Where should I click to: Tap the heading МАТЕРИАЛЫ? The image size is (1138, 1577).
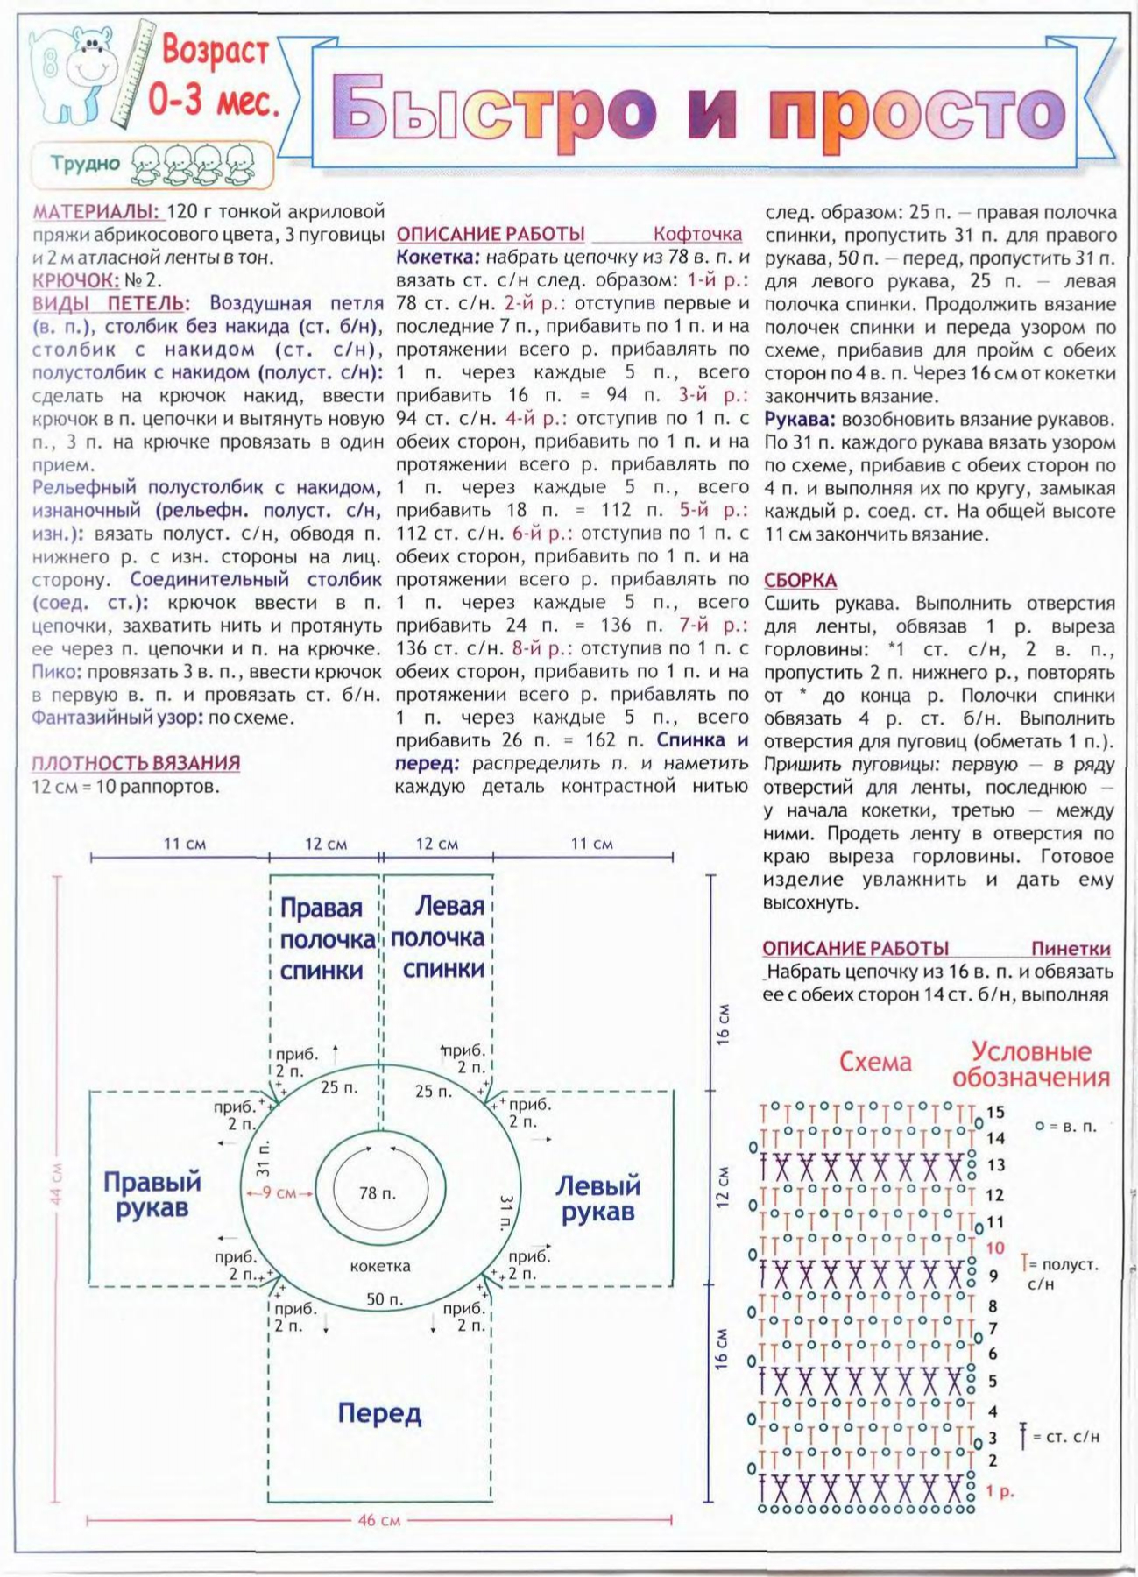click(95, 213)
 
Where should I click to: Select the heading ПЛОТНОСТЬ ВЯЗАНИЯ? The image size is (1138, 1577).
click(136, 763)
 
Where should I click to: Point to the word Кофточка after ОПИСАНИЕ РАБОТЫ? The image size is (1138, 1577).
click(697, 235)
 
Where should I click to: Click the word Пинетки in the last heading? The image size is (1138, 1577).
click(1070, 949)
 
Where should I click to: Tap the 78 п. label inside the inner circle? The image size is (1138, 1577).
click(377, 1193)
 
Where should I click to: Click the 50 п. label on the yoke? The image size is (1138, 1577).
click(385, 1299)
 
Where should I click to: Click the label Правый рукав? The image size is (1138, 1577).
click(152, 1195)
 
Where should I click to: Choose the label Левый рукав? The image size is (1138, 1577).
click(598, 1199)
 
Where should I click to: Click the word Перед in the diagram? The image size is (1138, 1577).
click(379, 1412)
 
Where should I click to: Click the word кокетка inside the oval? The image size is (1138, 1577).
click(379, 1266)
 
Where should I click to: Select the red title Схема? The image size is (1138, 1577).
click(874, 1063)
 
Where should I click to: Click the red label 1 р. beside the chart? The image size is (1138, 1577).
click(1000, 1491)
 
